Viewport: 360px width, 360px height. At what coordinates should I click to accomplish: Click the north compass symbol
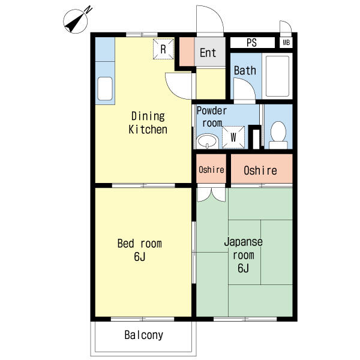tap(76, 21)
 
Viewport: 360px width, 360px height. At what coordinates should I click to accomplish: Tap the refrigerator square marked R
tap(163, 49)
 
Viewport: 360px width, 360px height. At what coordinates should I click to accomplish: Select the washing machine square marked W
tap(233, 137)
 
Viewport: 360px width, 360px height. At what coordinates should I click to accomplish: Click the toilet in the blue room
tap(278, 135)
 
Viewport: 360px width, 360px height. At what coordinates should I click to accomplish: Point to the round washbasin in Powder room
tap(208, 141)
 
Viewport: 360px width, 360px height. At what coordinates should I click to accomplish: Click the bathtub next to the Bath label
tap(277, 76)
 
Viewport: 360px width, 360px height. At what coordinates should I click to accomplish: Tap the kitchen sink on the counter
tap(105, 89)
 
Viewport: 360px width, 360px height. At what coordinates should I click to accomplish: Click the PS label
tap(251, 43)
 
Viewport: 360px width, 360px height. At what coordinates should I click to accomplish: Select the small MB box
tap(286, 43)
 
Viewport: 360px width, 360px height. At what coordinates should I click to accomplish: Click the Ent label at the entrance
tap(208, 53)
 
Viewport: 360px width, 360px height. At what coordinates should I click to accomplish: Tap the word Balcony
tap(144, 335)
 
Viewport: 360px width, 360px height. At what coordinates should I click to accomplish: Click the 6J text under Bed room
tap(140, 256)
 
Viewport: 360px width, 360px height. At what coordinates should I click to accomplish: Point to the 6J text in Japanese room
tap(243, 268)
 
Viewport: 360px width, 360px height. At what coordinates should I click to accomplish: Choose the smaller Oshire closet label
tap(211, 170)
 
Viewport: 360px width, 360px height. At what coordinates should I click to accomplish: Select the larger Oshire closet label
tap(260, 170)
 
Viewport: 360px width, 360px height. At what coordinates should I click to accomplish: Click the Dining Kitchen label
tap(148, 122)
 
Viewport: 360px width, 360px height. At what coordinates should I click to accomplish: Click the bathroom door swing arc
tap(247, 85)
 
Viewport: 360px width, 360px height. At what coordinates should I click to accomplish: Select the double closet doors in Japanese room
tap(211, 194)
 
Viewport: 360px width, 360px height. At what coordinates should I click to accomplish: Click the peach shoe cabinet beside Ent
tap(187, 52)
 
